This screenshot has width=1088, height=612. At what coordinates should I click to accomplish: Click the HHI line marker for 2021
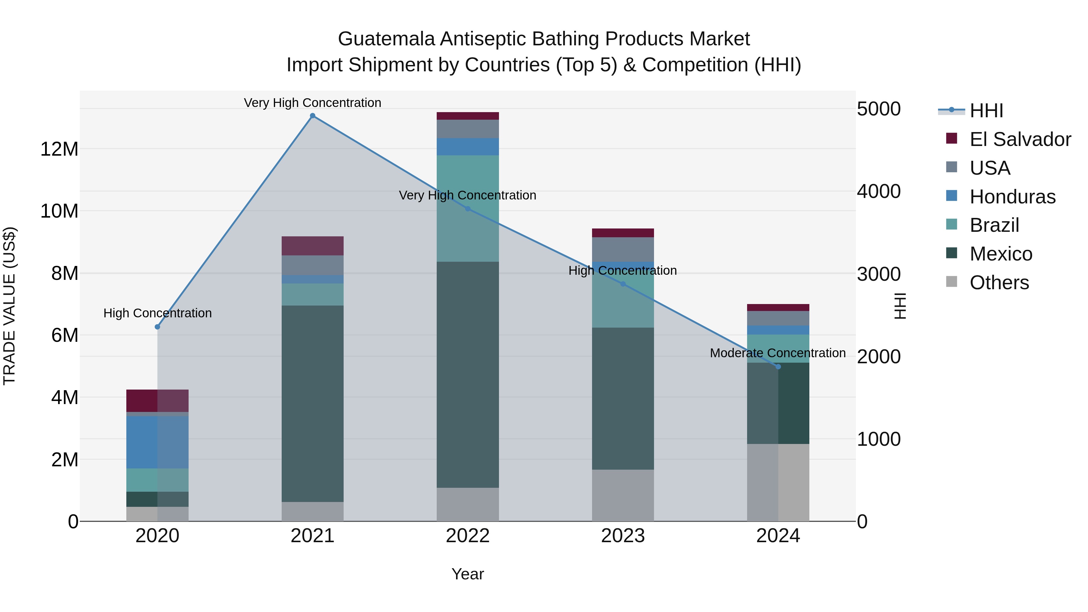pos(312,116)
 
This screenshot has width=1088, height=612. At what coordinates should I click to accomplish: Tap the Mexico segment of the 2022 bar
pos(468,375)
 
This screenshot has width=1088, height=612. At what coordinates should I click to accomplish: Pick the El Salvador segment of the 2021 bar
pos(312,246)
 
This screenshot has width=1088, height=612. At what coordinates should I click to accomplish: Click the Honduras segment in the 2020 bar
pos(157,442)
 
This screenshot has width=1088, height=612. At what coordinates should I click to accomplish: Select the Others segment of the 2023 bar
pos(623,495)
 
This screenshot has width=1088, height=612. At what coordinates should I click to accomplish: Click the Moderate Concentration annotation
pos(778,353)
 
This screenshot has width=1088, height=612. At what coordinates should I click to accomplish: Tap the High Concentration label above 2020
pos(157,313)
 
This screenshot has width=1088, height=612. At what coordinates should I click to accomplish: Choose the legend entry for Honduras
pos(1012,197)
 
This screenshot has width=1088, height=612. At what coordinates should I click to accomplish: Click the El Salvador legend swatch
pos(952,138)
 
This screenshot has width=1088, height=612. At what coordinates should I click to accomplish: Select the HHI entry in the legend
pos(986,111)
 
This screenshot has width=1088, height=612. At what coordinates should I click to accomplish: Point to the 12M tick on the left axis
pos(59,149)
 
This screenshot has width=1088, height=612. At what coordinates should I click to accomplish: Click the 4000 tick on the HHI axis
pos(879,191)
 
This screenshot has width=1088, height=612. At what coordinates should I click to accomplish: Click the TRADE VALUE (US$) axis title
pos(9,306)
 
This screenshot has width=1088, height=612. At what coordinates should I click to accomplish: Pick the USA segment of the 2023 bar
pos(623,249)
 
